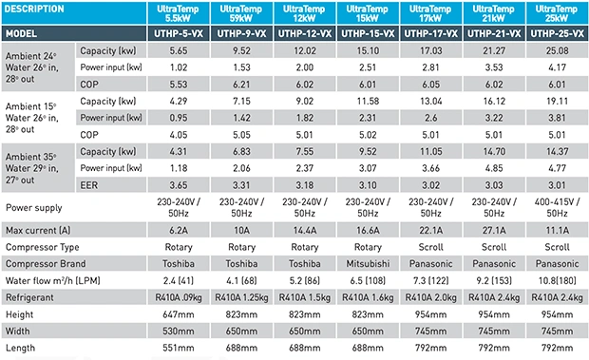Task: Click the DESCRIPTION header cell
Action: coord(74,12)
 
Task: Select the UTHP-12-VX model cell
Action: coord(305,34)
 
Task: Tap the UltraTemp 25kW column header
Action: coord(557,13)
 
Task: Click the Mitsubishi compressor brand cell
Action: coord(368,264)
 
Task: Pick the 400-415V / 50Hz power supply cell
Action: coord(557,208)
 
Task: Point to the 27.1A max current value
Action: coord(494,230)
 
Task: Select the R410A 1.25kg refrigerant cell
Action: coord(241,297)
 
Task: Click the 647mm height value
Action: coord(179,314)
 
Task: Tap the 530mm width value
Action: coord(179,332)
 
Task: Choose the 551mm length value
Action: coord(179,348)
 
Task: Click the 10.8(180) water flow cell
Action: coord(557,281)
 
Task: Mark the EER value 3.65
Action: coord(179,185)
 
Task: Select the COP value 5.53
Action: coord(179,85)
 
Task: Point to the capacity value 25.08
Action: coord(557,50)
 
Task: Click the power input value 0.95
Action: coord(179,118)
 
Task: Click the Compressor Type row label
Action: coord(43,247)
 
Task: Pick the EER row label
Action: coord(89,185)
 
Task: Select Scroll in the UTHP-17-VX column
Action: coord(431,247)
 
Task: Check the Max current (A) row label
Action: coord(38,230)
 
